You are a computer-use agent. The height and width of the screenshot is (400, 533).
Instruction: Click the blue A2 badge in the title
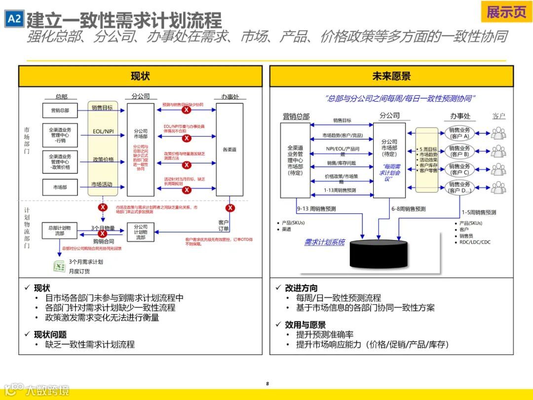(x=14, y=19)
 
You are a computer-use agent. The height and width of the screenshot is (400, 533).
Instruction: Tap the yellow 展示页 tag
(x=506, y=12)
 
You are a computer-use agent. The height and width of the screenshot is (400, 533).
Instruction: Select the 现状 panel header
(x=140, y=76)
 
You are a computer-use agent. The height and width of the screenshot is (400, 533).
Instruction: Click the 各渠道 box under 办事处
(x=229, y=149)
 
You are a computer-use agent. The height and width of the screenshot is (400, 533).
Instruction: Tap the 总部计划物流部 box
(x=59, y=231)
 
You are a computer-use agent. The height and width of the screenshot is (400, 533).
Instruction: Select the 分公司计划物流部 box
(x=141, y=232)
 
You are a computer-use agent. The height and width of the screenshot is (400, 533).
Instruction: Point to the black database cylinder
(x=380, y=255)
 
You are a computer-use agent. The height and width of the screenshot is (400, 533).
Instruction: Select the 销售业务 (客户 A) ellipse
(x=459, y=133)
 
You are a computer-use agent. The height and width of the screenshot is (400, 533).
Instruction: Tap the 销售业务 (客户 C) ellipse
(x=459, y=169)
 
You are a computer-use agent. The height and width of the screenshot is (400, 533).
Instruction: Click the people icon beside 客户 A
(x=498, y=133)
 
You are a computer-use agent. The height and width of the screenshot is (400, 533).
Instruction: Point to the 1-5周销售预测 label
(x=479, y=212)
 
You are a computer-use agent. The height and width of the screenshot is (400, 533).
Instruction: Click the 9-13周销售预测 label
(x=316, y=209)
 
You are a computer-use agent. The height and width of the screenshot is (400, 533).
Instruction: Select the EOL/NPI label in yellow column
(x=103, y=132)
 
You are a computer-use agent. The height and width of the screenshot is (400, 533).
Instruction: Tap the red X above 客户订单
(x=230, y=208)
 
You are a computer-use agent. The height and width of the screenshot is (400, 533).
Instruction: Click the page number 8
(x=267, y=384)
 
